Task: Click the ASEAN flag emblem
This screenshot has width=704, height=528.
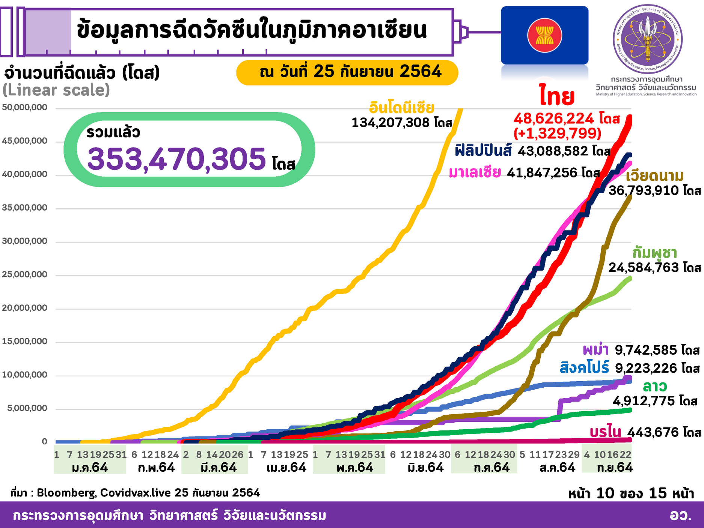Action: [544, 35]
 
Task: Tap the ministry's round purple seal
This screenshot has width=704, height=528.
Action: [647, 39]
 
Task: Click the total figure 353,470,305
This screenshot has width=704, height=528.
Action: [176, 159]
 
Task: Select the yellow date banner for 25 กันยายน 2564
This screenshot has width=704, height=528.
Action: [347, 72]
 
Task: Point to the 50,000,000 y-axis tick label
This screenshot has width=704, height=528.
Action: [25, 107]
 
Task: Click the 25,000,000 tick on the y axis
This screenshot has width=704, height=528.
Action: [25, 274]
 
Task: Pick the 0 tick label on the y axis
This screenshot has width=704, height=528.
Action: [44, 441]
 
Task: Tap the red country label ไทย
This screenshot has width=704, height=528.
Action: [557, 96]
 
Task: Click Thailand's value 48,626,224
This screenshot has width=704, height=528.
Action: [554, 119]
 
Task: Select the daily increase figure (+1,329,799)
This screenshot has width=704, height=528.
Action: [557, 133]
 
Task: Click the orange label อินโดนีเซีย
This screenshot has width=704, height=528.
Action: [401, 108]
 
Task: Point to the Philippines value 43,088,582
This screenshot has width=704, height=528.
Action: [553, 151]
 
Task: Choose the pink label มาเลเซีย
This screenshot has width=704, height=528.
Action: [475, 173]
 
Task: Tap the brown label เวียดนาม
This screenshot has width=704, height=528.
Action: [654, 176]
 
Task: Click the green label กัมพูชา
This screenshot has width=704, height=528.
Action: [654, 253]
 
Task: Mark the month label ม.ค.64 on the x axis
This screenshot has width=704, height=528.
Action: [90, 468]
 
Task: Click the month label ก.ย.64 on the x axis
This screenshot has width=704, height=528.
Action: [615, 468]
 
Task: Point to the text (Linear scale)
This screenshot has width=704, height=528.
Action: [56, 90]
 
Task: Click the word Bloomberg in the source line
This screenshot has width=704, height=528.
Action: [66, 493]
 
